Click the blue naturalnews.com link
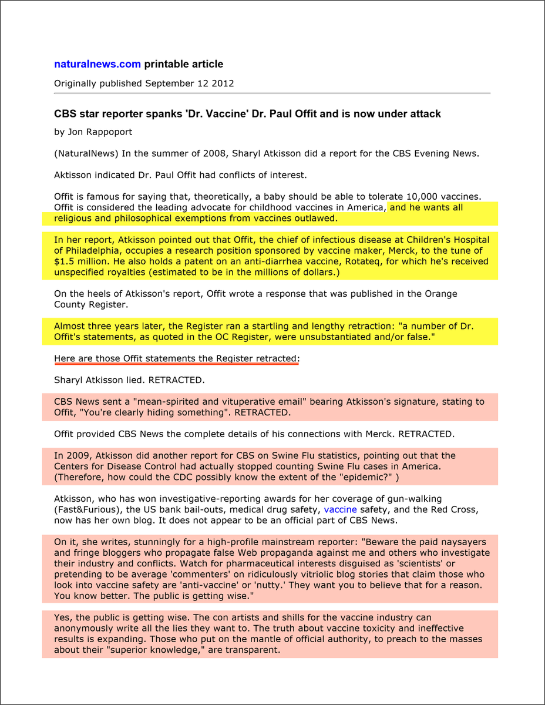coord(97,64)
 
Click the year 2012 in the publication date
coord(223,83)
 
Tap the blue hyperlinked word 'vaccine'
coord(340,510)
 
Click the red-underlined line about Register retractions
coord(176,358)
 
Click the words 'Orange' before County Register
coord(440,294)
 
